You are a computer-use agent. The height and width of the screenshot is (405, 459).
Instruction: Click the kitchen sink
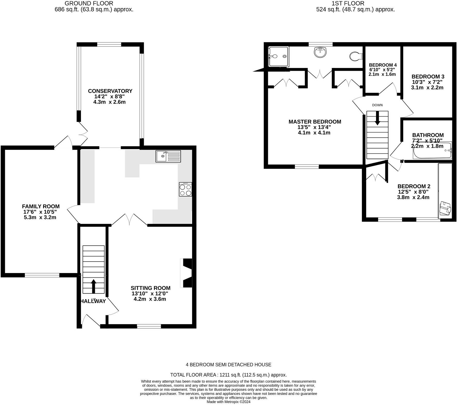pyautogui.click(x=168, y=156)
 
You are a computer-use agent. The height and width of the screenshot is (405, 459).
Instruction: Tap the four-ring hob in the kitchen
pyautogui.click(x=185, y=189)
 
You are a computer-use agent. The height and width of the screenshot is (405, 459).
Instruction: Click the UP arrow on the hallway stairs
pyautogui.click(x=94, y=286)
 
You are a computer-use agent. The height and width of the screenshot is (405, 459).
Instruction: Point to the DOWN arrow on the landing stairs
pyautogui.click(x=377, y=118)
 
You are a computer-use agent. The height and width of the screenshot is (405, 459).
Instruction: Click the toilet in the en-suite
pyautogui.click(x=356, y=56)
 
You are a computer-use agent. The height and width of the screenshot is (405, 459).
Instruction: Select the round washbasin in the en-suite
pyautogui.click(x=320, y=52)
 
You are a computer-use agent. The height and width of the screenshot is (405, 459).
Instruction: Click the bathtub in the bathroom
pyautogui.click(x=432, y=150)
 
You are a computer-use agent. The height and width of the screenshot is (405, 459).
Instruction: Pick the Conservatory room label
pyautogui.click(x=110, y=91)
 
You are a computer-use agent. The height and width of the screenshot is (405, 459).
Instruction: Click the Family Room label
pyautogui.click(x=41, y=206)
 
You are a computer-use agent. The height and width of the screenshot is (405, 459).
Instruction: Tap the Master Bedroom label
pyautogui.click(x=315, y=122)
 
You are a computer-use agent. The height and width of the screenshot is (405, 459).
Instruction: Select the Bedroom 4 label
pyautogui.click(x=383, y=65)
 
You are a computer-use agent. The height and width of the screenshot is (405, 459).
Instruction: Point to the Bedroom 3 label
pyautogui.click(x=428, y=76)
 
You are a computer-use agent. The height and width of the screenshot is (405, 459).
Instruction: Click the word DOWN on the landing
pyautogui.click(x=377, y=105)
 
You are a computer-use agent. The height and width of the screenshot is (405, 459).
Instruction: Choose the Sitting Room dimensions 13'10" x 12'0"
pyautogui.click(x=150, y=293)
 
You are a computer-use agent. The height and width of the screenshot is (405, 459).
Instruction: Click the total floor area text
pyautogui.click(x=228, y=375)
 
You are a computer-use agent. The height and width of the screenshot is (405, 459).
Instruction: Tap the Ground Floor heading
pyautogui.click(x=89, y=3)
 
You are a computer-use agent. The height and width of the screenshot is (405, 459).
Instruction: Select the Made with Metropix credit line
pyautogui.click(x=228, y=402)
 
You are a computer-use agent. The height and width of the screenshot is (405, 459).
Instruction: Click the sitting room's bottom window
pyautogui.click(x=149, y=326)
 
